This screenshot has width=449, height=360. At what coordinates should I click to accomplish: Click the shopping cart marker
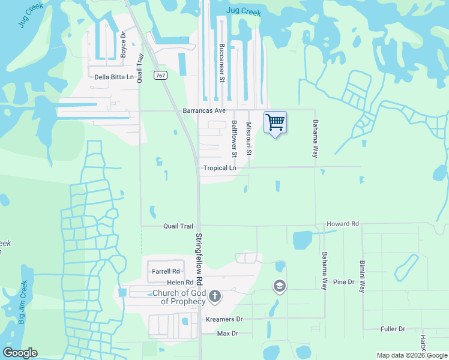pyautogui.click(x=275, y=122)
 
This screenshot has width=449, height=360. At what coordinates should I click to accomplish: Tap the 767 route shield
pyautogui.click(x=160, y=75)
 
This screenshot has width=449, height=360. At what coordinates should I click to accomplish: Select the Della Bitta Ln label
pyautogui.click(x=114, y=77)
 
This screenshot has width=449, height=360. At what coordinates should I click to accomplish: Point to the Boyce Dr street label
pyautogui.click(x=124, y=44)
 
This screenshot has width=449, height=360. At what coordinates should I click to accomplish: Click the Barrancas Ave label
pyautogui.click(x=203, y=111)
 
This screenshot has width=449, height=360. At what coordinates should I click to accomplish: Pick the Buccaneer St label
pyautogui.click(x=221, y=62)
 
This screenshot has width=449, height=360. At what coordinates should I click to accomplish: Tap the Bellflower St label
pyautogui.click(x=234, y=139)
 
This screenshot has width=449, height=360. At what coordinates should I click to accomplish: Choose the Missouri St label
pyautogui.click(x=248, y=141)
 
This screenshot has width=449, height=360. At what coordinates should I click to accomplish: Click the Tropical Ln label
pyautogui.click(x=220, y=168)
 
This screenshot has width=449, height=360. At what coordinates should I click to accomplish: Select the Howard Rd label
pyautogui.click(x=342, y=224)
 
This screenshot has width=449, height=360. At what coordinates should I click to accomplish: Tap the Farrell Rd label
pyautogui.click(x=166, y=272)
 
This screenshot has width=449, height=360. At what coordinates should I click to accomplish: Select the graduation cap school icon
pyautogui.click(x=279, y=286)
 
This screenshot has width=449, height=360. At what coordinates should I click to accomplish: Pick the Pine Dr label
pyautogui.click(x=344, y=281)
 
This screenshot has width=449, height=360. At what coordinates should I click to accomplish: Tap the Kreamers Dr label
pyautogui.click(x=224, y=320)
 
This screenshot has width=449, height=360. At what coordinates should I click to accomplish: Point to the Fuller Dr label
pyautogui.click(x=393, y=329)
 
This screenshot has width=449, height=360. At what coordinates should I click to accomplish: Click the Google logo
pyautogui.click(x=20, y=353)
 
